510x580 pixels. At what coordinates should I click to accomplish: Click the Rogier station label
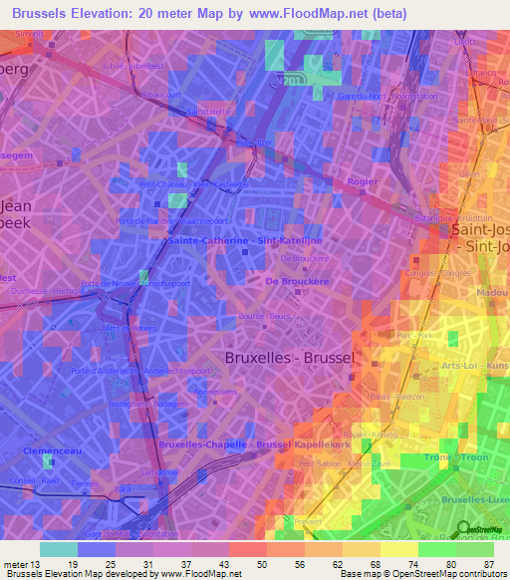click(x=362, y=181)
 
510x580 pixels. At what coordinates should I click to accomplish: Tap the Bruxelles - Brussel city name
click(x=290, y=356)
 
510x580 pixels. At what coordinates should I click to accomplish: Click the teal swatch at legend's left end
click(x=59, y=549)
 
